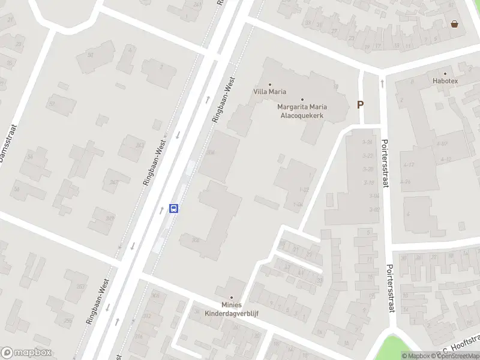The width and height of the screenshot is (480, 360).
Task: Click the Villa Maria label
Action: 269,92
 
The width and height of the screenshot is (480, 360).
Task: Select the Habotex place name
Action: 445,80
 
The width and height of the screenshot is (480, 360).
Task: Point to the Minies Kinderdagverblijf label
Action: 231,309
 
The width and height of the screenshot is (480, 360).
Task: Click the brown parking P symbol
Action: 361,104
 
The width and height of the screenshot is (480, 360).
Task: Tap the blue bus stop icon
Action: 174,209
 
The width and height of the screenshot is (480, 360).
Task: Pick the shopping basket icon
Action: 455,24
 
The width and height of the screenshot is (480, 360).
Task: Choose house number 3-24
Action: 368,142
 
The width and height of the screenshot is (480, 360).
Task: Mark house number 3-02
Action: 375,209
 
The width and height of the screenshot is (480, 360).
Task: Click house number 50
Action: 91,55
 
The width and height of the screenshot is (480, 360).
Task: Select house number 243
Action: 140,145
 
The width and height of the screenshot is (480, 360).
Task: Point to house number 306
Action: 195,240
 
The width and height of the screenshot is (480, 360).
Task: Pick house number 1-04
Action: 298,205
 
